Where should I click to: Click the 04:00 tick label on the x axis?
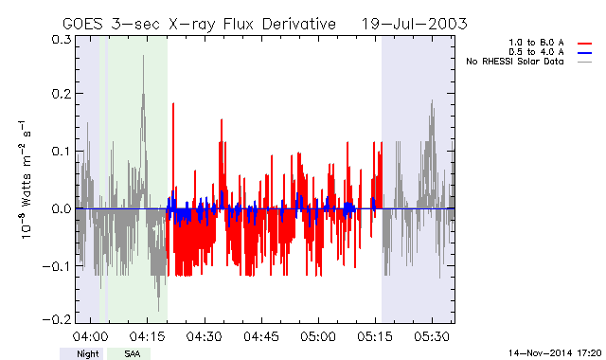click(x=91, y=336)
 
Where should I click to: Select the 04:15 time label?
click(x=148, y=336)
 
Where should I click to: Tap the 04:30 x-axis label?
click(x=205, y=336)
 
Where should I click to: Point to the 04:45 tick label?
click(x=261, y=336)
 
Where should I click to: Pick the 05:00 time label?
click(x=318, y=336)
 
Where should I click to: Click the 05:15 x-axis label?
click(x=375, y=336)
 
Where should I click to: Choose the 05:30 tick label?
click(x=432, y=336)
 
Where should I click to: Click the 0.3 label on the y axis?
click(x=62, y=40)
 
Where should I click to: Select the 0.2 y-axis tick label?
click(x=62, y=94)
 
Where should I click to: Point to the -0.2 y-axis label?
click(x=57, y=319)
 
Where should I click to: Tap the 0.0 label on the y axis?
click(x=62, y=208)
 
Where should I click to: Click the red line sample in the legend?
click(x=585, y=44)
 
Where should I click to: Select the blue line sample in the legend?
click(x=585, y=53)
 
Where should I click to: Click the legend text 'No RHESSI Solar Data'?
click(x=515, y=62)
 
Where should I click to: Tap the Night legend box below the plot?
click(x=81, y=353)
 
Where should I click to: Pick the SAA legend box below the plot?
click(x=129, y=353)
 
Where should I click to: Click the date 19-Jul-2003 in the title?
click(x=415, y=24)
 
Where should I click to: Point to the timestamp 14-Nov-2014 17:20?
click(x=555, y=353)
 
